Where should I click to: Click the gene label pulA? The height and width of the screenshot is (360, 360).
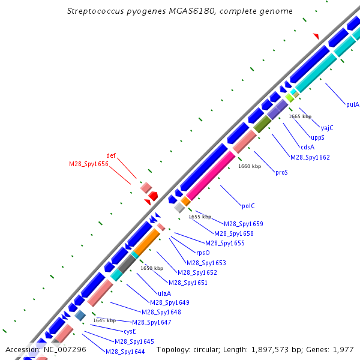[353, 104]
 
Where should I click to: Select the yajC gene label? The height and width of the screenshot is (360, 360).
[327, 128]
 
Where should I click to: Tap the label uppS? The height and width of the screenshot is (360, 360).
[317, 137]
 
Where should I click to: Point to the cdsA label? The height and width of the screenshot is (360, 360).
[307, 147]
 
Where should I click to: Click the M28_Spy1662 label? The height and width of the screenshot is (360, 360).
[310, 157]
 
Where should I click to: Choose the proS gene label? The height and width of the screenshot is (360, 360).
[281, 172]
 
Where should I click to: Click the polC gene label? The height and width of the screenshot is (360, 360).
[248, 206]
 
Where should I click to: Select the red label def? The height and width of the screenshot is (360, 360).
[111, 155]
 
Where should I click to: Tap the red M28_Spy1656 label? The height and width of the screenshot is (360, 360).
[88, 164]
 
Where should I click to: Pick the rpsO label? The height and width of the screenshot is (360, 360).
[203, 253]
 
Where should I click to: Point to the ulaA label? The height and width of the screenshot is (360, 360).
[156, 293]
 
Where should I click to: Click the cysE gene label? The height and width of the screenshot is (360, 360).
[130, 331]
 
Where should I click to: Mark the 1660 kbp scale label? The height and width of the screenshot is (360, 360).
[250, 166]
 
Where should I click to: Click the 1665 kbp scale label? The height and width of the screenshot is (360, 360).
[300, 116]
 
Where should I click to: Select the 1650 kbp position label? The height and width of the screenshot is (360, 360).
[152, 268]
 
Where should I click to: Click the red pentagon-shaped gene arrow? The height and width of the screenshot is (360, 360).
[154, 196]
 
